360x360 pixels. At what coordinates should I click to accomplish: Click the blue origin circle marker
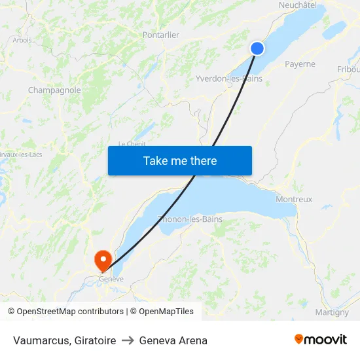pos(257,48)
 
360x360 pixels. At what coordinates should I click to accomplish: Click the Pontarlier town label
pos(160,35)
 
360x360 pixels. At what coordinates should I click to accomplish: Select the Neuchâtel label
pos(297,5)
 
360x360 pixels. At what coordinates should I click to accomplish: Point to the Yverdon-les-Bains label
pos(229,79)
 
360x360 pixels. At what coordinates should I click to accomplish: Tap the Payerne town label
pos(300,64)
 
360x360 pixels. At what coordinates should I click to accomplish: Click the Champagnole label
pos(54,90)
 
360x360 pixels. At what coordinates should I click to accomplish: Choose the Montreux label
pos(294,199)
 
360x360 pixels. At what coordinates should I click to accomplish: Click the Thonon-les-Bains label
pos(190,219)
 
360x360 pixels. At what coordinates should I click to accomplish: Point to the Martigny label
pos(332,312)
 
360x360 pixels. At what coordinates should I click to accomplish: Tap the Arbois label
pos(22,40)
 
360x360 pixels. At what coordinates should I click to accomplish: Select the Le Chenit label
pos(131,144)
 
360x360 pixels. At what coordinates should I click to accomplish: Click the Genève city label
pos(111,279)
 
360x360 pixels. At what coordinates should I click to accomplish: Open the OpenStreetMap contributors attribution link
pos(70,312)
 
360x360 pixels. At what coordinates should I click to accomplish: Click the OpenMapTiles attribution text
pos(164,312)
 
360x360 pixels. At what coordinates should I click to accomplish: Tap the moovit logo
pos(321,339)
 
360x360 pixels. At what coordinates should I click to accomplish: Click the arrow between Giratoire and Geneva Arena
pos(128,340)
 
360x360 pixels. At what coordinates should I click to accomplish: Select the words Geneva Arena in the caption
pos(173,340)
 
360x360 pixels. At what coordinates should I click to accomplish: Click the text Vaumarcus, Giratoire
pos(64,340)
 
